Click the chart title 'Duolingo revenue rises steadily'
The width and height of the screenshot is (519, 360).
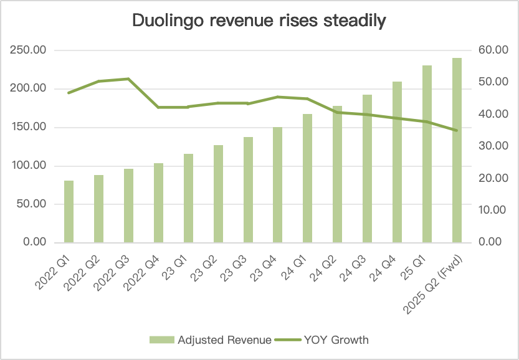(x=259, y=21)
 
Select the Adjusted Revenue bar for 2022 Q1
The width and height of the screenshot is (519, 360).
(x=69, y=211)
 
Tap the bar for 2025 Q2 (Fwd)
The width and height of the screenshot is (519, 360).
(x=457, y=149)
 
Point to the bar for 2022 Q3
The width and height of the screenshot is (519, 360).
(x=128, y=206)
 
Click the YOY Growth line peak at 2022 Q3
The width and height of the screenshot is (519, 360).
(x=128, y=79)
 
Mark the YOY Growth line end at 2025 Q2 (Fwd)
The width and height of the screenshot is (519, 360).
(x=457, y=130)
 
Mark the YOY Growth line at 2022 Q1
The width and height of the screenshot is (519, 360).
(x=69, y=93)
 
